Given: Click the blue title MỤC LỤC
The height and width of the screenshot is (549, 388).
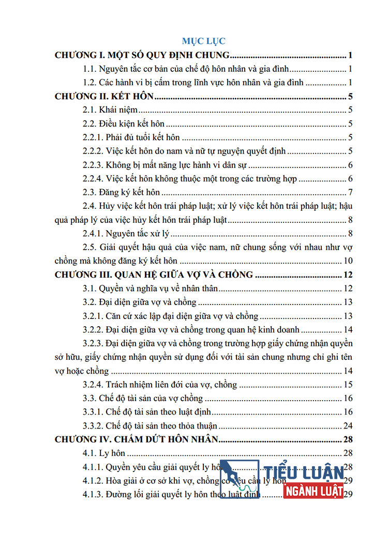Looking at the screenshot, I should click(x=203, y=41).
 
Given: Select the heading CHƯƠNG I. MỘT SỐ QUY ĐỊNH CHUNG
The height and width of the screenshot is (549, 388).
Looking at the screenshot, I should click(x=142, y=55).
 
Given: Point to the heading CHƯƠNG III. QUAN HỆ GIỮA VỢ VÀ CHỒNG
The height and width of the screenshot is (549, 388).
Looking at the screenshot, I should click(x=154, y=274).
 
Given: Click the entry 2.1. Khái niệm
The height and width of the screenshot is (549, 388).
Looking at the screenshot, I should click(x=109, y=110).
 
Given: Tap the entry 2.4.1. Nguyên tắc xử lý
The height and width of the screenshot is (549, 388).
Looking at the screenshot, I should click(x=126, y=233).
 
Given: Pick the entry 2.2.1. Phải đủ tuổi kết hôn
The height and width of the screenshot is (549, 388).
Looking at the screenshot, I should click(x=131, y=137).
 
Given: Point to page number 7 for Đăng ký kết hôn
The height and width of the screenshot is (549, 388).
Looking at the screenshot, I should click(x=350, y=192).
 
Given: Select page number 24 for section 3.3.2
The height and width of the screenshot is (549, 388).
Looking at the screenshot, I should click(x=348, y=426).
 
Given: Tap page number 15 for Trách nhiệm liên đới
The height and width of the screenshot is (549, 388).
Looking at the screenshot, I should click(x=348, y=384).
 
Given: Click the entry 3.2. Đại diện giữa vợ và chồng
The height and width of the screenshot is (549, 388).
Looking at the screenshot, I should click(x=140, y=302).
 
